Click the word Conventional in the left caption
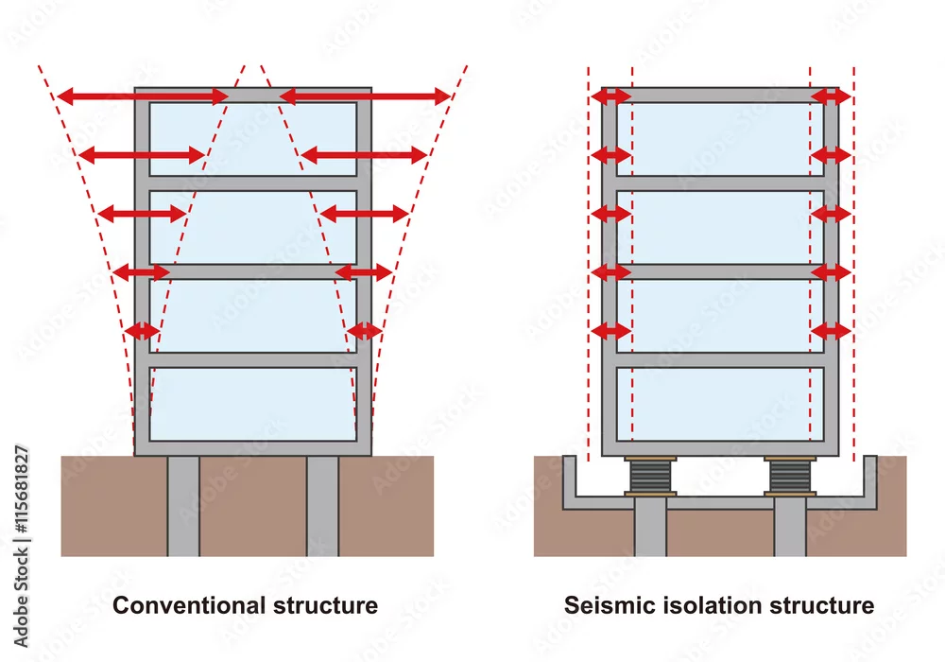[189, 605]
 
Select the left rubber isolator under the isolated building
[650, 477]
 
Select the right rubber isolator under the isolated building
[790, 477]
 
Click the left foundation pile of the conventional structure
[183, 506]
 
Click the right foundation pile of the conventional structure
[322, 506]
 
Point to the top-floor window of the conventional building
[253, 139]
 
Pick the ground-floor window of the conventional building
[253, 404]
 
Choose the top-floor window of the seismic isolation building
[720, 139]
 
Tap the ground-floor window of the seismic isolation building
[720, 404]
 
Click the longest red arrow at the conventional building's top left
[143, 96]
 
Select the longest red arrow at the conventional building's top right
[365, 96]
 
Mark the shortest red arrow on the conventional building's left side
[143, 331]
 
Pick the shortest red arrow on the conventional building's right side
[365, 331]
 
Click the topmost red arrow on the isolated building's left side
[610, 96]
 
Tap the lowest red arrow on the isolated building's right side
[831, 330]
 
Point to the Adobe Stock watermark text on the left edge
[21, 547]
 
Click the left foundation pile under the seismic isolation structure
[650, 526]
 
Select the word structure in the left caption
[325, 605]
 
